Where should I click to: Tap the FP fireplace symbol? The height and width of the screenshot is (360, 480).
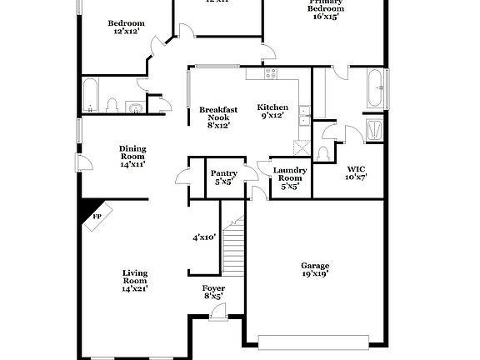(96, 217)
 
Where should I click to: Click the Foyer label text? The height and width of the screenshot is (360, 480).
(213, 288)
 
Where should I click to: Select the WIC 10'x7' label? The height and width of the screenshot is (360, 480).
(356, 172)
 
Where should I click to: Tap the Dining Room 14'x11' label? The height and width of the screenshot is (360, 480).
(132, 156)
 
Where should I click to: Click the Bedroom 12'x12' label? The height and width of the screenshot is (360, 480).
(127, 27)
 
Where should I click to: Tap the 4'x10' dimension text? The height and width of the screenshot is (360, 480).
(205, 237)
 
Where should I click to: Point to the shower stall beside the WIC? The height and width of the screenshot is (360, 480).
(375, 130)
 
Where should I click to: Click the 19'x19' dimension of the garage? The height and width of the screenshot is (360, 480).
(314, 276)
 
